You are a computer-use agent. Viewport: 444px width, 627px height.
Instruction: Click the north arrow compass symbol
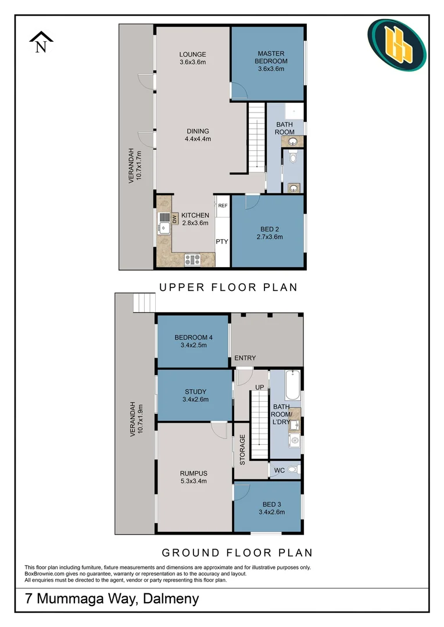(41, 42)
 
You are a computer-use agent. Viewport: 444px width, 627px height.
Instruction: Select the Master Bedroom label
(271, 61)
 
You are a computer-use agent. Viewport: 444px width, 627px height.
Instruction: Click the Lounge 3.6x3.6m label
(192, 58)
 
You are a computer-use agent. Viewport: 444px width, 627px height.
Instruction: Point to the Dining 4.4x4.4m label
(198, 135)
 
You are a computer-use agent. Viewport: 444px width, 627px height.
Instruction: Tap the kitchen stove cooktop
(192, 260)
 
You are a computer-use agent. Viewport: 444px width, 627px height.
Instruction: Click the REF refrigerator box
(223, 206)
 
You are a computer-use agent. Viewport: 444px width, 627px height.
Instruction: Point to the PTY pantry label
(222, 242)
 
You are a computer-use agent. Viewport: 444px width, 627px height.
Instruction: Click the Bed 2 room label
(269, 233)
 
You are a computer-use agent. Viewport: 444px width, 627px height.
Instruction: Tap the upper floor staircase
(256, 137)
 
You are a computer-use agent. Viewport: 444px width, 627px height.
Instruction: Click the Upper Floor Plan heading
(228, 287)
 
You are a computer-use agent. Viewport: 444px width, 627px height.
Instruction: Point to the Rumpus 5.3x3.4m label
(194, 476)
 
